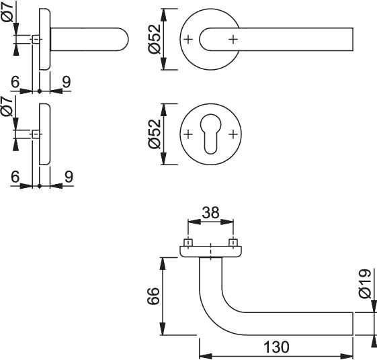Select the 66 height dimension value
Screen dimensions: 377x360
coord(153,296)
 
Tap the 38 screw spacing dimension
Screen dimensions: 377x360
coord(210,213)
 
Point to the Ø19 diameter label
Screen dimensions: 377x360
coord(366,283)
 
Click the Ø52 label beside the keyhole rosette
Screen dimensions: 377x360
coord(155,134)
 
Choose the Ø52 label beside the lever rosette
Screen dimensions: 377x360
coord(155,39)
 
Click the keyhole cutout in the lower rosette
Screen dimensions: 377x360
coord(210,134)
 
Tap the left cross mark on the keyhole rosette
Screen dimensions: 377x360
coord(188,134)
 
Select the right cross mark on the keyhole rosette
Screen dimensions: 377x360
coord(233,134)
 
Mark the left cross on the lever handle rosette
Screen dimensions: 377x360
coord(188,39)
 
